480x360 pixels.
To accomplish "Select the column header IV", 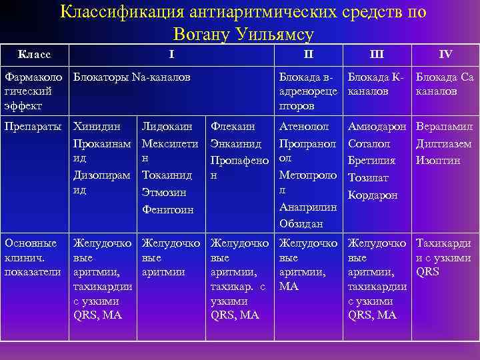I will click(445, 53).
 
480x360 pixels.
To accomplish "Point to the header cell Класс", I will click(34, 53).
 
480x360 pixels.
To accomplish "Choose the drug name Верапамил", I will click(444, 125).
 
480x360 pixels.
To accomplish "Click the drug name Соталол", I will click(369, 143).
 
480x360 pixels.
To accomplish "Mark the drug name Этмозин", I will click(165, 192).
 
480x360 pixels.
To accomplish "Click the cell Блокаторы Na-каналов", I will click(132, 77).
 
